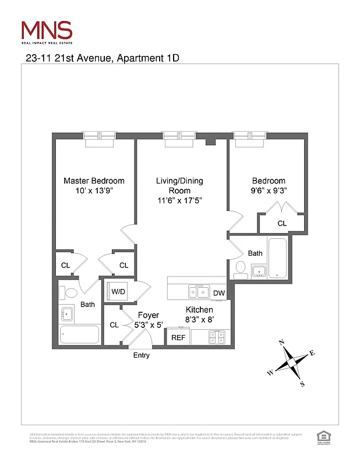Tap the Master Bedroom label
tap(94, 181)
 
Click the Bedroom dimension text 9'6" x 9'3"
tap(269, 190)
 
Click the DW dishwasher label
tap(219, 293)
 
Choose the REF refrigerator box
tap(177, 337)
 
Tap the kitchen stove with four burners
tap(217, 336)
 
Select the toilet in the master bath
tap(71, 292)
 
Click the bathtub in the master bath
tap(80, 335)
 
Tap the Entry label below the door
tap(142, 355)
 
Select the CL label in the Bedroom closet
tap(282, 223)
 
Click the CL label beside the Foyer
tap(114, 325)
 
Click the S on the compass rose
tap(302, 383)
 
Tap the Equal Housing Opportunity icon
tap(322, 436)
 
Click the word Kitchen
tap(199, 309)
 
